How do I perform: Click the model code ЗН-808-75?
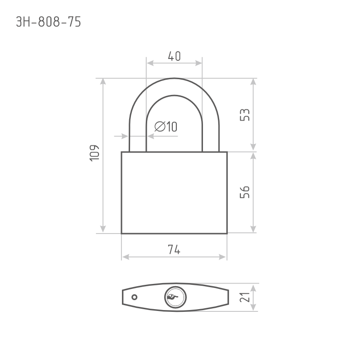point(49,22)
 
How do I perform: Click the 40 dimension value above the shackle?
point(174,56)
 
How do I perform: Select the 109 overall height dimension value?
point(94,153)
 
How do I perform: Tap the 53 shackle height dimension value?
point(244,115)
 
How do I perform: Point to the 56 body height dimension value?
point(244,192)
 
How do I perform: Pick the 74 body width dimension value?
point(174,250)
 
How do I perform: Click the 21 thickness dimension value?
point(244,297)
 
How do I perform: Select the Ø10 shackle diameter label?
point(166,126)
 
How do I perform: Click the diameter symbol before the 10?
point(160,126)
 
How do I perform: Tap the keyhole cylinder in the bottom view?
point(175,297)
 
